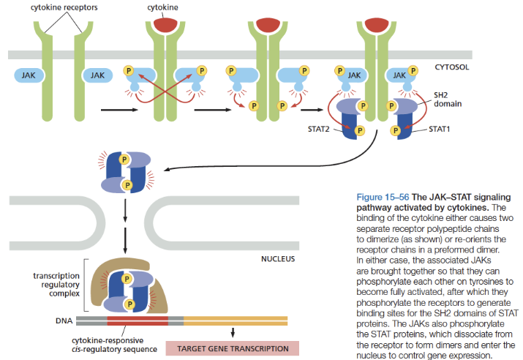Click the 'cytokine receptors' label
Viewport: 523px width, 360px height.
64,7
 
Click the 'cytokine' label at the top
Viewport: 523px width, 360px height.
162,7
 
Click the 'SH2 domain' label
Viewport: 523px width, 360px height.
447,100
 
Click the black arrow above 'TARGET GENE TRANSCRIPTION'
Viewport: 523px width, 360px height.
232,334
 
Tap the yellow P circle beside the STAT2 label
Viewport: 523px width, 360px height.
358,131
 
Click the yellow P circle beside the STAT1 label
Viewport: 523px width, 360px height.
395,131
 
